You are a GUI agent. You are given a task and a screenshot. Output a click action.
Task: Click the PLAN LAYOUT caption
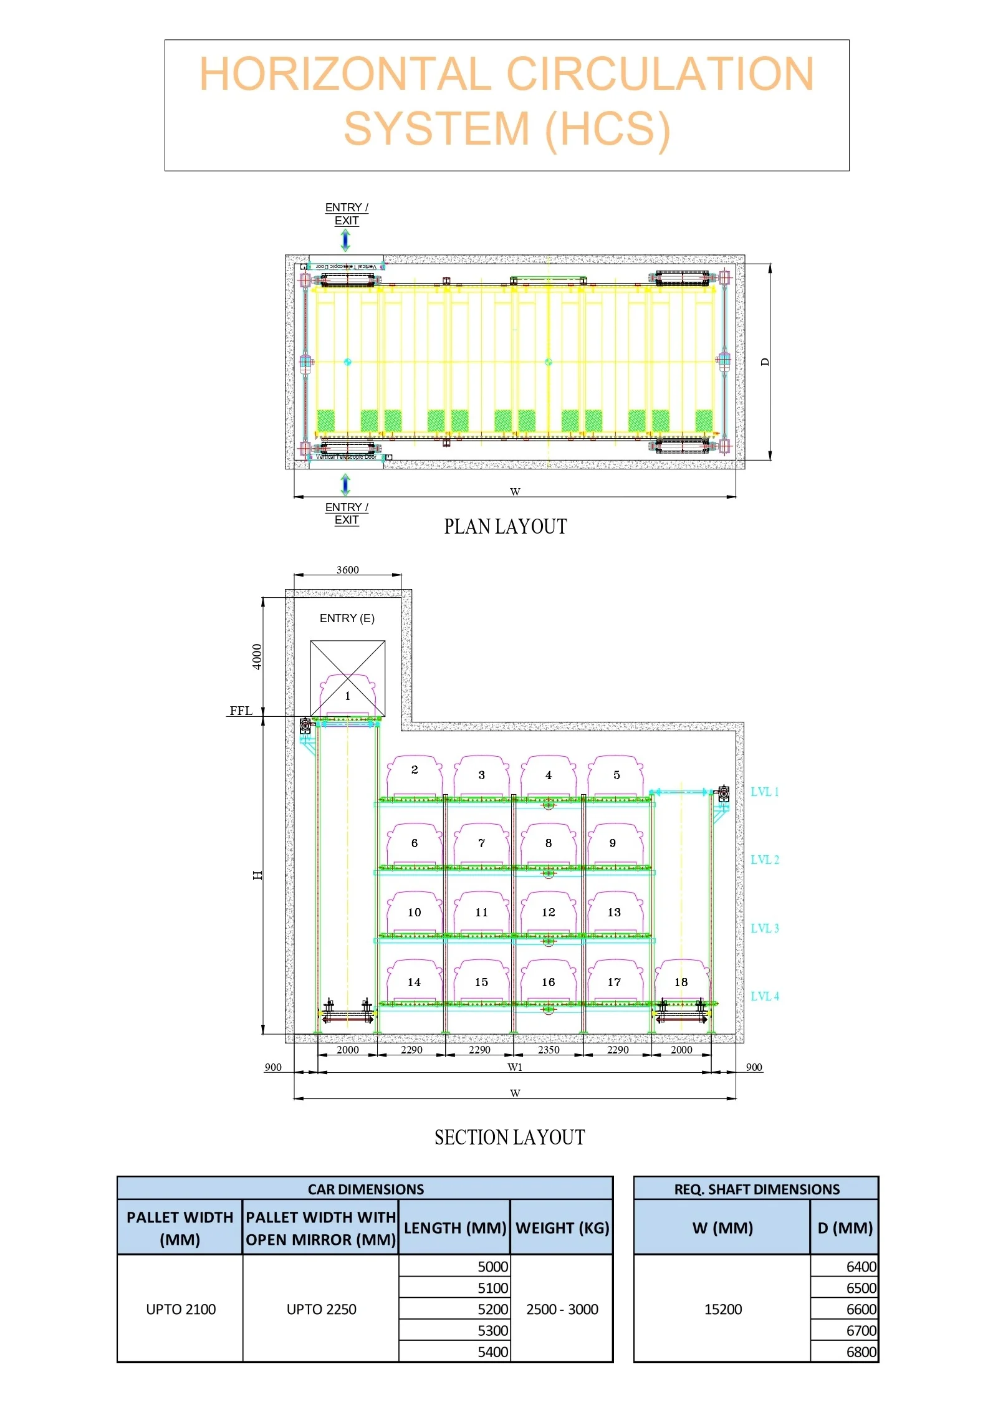click(505, 527)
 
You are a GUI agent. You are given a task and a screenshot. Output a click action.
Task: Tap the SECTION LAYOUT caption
click(509, 1138)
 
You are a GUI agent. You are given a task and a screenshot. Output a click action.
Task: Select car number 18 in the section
click(681, 982)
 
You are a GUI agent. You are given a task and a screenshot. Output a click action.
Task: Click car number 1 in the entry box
click(348, 696)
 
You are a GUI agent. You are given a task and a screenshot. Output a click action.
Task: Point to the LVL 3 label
click(764, 928)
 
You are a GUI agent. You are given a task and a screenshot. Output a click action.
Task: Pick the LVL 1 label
click(764, 792)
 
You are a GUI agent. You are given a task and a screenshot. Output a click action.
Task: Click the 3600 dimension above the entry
click(347, 570)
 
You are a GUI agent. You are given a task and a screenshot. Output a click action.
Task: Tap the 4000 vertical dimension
click(257, 656)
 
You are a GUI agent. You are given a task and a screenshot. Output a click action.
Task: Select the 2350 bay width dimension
click(549, 1050)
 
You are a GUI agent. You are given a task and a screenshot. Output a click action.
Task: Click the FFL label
click(241, 711)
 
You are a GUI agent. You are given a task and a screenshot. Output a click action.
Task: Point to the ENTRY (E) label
click(347, 618)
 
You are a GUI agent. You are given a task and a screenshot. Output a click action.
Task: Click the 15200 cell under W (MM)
click(722, 1309)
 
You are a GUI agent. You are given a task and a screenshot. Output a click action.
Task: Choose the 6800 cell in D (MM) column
click(861, 1352)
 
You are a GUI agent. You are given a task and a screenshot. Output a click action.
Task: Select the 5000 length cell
click(492, 1267)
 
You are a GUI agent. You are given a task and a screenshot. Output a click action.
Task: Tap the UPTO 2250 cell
click(321, 1309)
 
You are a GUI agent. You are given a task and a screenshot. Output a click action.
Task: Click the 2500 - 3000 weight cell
click(562, 1309)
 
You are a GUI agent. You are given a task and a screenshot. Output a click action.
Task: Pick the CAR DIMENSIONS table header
click(365, 1189)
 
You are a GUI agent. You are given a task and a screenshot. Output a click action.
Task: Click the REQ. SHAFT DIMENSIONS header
click(756, 1189)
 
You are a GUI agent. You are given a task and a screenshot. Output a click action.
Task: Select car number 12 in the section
click(548, 913)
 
